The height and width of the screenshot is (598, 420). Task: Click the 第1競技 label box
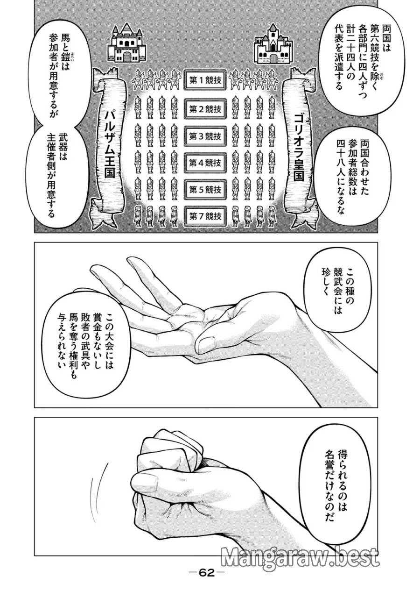205,80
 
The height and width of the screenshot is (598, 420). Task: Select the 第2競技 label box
205,108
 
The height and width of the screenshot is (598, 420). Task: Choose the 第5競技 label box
205,189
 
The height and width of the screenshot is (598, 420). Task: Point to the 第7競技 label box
205,216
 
